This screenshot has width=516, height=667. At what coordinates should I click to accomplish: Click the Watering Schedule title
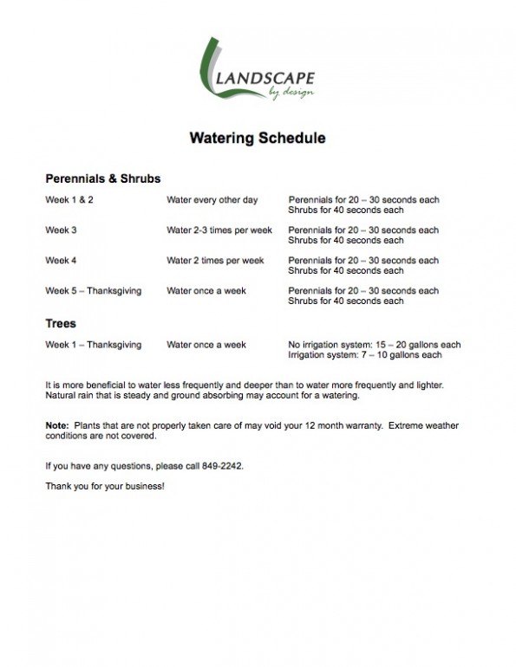click(x=257, y=139)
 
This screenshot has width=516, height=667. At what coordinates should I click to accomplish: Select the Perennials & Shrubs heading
click(x=102, y=179)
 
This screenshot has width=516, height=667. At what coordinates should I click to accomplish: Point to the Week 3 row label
click(x=61, y=230)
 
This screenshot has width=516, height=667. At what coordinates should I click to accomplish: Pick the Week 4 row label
click(x=61, y=260)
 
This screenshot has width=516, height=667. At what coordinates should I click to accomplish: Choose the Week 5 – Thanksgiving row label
click(x=93, y=290)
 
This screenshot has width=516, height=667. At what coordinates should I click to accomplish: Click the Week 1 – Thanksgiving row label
click(x=93, y=345)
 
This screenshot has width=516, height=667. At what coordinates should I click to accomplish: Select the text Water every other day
click(x=212, y=200)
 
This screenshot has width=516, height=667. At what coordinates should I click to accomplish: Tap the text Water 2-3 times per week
click(x=219, y=230)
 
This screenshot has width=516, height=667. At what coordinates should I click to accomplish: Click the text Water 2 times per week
click(x=215, y=260)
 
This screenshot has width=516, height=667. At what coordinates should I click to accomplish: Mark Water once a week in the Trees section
click(x=206, y=345)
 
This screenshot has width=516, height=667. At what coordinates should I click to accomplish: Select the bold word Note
click(x=56, y=425)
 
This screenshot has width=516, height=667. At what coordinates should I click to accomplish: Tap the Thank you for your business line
click(x=104, y=485)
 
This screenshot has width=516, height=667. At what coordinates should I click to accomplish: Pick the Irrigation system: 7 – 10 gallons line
click(x=365, y=355)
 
